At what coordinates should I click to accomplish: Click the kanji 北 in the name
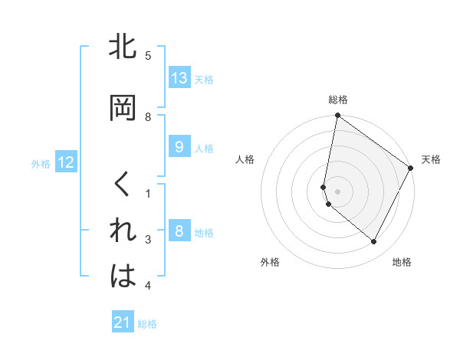(x=123, y=47)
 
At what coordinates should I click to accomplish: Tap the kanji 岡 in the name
(x=123, y=109)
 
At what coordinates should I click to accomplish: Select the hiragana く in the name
(x=123, y=185)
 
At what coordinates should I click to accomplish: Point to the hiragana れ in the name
(x=123, y=231)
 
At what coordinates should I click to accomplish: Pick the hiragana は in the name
(x=123, y=277)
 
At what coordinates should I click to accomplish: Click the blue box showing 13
(x=179, y=78)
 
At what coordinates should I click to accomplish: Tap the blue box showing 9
(x=179, y=147)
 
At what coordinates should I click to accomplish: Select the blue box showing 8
(x=179, y=231)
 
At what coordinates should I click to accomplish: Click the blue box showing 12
(x=65, y=162)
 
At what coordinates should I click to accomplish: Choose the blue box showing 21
(x=123, y=322)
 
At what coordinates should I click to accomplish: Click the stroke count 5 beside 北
(x=148, y=56)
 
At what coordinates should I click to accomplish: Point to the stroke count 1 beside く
(x=148, y=194)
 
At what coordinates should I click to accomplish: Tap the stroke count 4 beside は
(x=148, y=286)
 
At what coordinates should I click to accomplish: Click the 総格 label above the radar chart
(x=338, y=100)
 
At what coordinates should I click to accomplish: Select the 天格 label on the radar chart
(x=431, y=159)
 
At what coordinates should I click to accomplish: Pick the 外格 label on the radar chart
(x=270, y=262)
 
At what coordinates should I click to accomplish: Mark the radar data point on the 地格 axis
(x=373, y=242)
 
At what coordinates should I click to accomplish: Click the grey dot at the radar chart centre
(x=338, y=191)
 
